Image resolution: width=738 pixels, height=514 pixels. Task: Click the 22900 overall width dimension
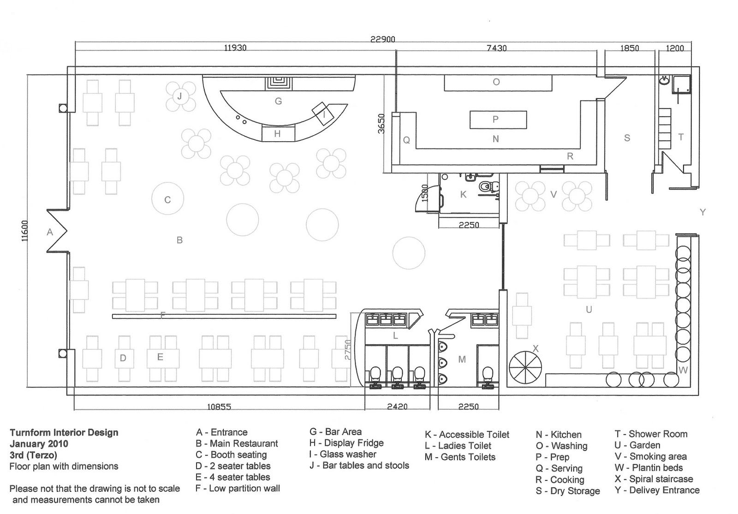382,39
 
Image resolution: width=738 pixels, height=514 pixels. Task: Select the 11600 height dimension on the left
25,230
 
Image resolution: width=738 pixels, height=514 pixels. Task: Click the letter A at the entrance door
50,233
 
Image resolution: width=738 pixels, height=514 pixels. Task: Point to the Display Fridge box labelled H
278,134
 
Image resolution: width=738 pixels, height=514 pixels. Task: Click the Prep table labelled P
497,120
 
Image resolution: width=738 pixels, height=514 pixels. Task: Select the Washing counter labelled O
497,82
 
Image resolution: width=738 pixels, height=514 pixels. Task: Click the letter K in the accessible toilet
464,195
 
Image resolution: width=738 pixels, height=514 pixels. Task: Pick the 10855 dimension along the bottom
219,407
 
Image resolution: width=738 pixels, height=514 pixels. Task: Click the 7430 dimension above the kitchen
496,48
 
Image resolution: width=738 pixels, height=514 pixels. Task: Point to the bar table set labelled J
180,96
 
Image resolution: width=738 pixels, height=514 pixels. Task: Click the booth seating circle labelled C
168,199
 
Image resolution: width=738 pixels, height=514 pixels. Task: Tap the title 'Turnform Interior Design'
64,432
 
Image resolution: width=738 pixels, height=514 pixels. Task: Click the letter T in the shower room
681,137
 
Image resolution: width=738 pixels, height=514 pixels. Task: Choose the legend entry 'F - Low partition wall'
238,488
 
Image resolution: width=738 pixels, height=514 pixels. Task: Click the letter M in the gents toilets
462,359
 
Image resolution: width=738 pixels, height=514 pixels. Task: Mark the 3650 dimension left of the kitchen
381,123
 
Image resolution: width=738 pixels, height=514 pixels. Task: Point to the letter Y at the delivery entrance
702,212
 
